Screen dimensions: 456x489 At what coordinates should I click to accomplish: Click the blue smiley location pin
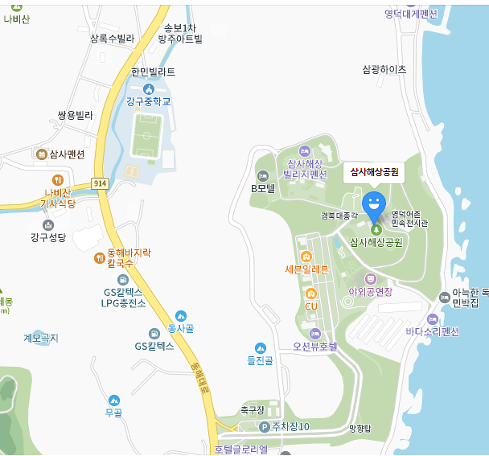point(373,203)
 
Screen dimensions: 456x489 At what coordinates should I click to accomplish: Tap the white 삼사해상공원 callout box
point(373,172)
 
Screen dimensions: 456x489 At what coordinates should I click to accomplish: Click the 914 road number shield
point(100,183)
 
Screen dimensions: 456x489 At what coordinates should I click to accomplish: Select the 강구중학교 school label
point(149,101)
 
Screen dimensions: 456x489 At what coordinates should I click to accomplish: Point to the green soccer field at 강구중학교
point(145,135)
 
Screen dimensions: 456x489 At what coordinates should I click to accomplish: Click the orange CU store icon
point(310,293)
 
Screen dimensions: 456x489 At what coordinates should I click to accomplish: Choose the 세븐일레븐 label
point(306,269)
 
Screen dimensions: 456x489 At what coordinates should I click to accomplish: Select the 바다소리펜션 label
point(432,331)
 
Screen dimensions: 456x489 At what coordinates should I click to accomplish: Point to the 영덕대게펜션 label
point(410,14)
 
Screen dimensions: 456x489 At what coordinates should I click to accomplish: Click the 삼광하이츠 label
point(384,70)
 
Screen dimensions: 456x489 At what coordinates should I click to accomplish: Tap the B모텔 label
point(263,189)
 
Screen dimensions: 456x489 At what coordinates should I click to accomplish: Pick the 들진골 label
point(260,360)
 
